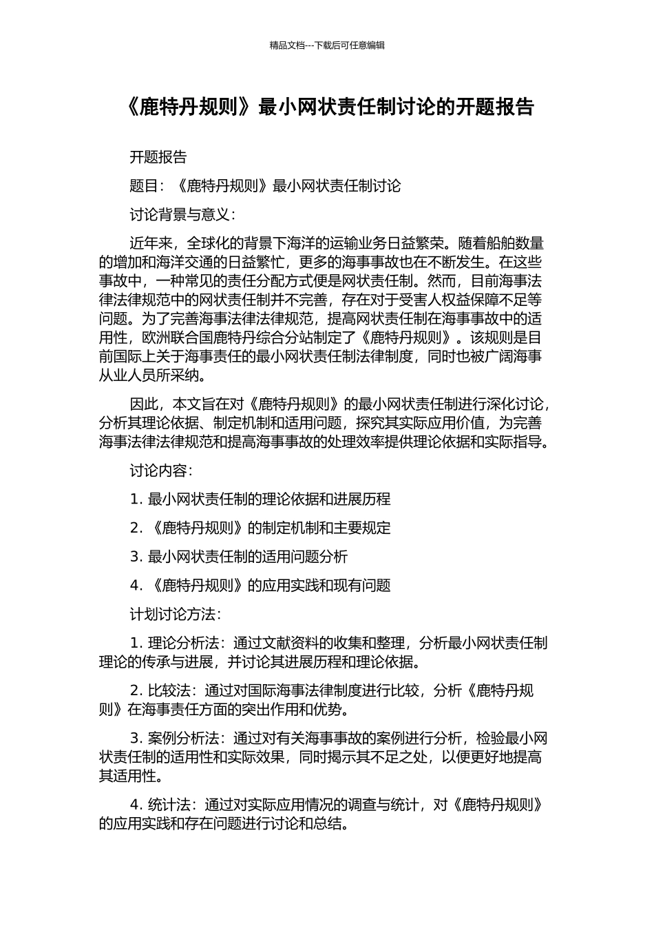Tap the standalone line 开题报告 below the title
(x=158, y=157)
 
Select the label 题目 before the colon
(x=144, y=186)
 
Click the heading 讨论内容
(x=158, y=471)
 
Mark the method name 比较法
(x=169, y=691)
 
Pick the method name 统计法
(x=169, y=805)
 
